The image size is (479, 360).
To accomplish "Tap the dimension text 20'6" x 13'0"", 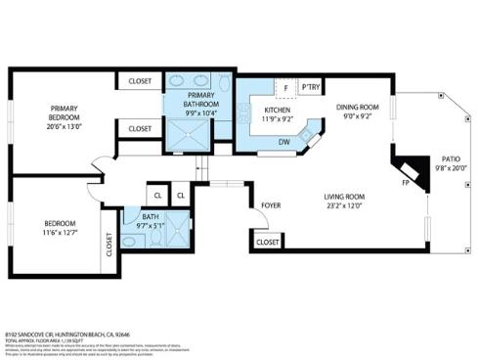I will point(64,126).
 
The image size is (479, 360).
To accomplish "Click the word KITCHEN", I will point(278,110).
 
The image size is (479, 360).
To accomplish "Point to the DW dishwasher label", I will point(283,142).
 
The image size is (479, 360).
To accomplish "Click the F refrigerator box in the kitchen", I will point(285,86).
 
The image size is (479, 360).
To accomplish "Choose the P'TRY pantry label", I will point(312,86).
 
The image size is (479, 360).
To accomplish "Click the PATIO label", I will point(450,157).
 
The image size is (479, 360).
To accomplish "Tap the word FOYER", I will point(270,205).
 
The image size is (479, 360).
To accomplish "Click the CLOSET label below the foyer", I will point(267,241).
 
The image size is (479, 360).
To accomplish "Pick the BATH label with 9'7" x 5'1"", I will point(151,220).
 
